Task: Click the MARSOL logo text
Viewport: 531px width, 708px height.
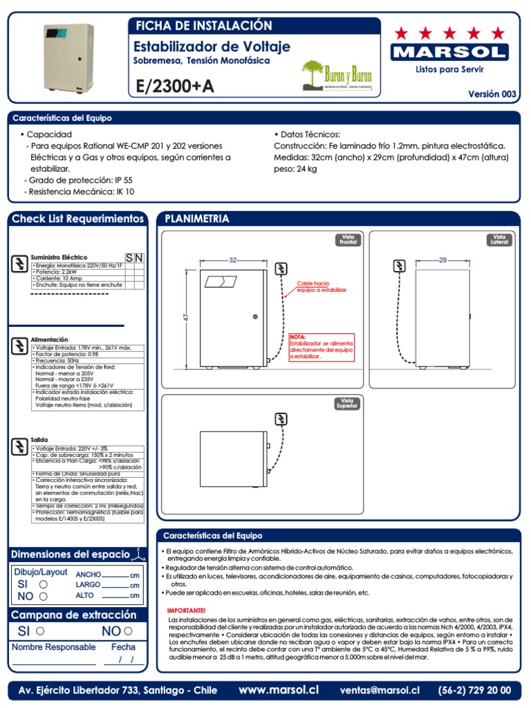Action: coord(449,53)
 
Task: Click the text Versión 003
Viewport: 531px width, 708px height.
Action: coord(492,94)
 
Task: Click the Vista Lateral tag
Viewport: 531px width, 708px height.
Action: coord(499,239)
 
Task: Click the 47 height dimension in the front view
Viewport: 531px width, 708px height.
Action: coord(185,317)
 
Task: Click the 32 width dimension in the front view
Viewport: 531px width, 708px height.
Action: coord(232,260)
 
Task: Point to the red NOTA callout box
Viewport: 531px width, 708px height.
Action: coord(322,347)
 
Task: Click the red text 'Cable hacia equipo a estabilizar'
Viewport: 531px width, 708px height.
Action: coord(321,286)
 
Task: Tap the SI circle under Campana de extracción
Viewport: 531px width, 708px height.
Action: coord(40,631)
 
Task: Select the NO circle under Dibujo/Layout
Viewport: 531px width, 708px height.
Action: coord(44,596)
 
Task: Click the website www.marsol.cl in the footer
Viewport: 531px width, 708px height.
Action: coord(279,690)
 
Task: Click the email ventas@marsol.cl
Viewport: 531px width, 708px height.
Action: coord(380,690)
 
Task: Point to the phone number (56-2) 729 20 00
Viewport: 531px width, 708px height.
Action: coord(474,690)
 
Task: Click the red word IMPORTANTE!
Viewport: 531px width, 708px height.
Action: coord(187,611)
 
